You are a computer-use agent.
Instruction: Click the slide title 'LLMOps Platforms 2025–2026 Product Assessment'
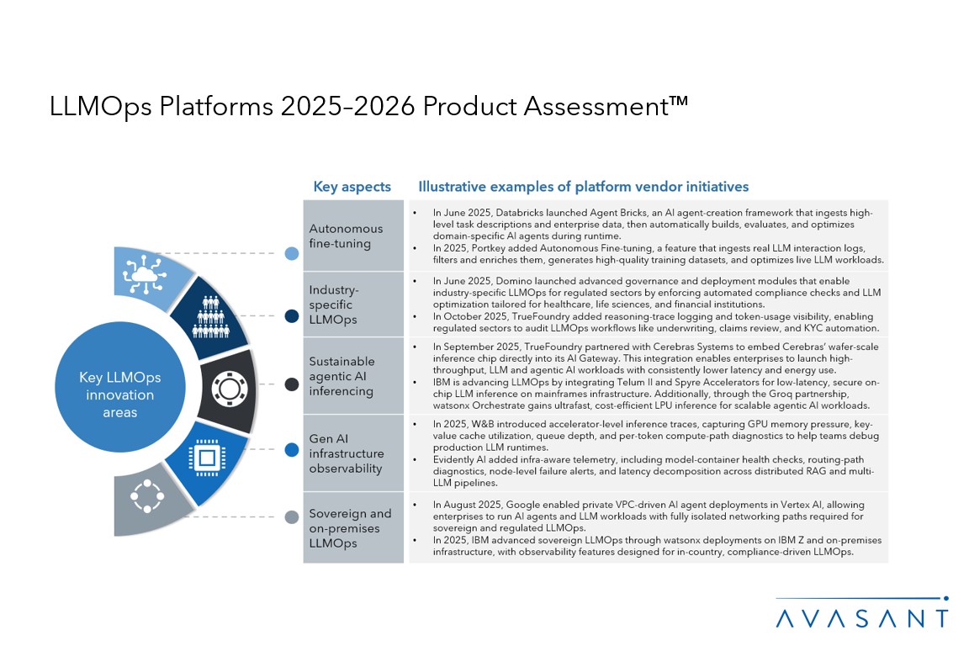(368, 106)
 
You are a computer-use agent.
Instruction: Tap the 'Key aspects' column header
(352, 187)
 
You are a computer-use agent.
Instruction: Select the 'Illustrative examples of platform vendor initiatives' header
(584, 187)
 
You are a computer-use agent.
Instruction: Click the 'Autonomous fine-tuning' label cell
(353, 236)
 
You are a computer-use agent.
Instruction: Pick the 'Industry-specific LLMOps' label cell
(353, 304)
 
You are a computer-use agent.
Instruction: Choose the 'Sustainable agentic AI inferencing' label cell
(353, 376)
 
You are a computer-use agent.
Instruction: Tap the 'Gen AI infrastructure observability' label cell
(353, 453)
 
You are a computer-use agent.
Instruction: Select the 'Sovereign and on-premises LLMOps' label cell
(353, 528)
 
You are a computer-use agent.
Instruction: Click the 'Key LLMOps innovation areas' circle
(120, 386)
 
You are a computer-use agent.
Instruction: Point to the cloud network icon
(145, 274)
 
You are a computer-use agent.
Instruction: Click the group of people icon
(211, 316)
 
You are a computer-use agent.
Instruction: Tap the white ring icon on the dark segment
(230, 389)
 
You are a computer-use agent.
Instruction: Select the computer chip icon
(207, 458)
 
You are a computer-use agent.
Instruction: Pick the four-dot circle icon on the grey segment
(147, 495)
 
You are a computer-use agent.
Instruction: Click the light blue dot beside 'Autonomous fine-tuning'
(292, 253)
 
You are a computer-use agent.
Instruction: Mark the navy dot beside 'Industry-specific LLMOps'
(292, 316)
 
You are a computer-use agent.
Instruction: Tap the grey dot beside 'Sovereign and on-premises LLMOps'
(292, 517)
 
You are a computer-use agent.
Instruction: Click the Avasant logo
(862, 612)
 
